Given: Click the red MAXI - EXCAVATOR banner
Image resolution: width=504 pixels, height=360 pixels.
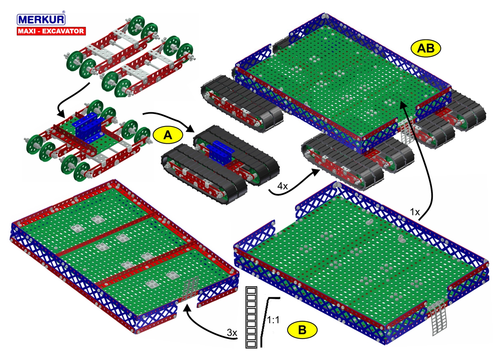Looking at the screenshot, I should click(x=51, y=31).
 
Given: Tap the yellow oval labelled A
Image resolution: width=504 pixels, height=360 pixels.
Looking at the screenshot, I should click(x=168, y=134).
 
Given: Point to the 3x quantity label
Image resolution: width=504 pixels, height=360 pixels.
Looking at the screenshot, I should click(x=231, y=332).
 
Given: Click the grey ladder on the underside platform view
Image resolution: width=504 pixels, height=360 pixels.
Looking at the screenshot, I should click(x=191, y=288).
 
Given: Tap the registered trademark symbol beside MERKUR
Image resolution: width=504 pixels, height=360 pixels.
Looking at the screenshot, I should click(x=63, y=12).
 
